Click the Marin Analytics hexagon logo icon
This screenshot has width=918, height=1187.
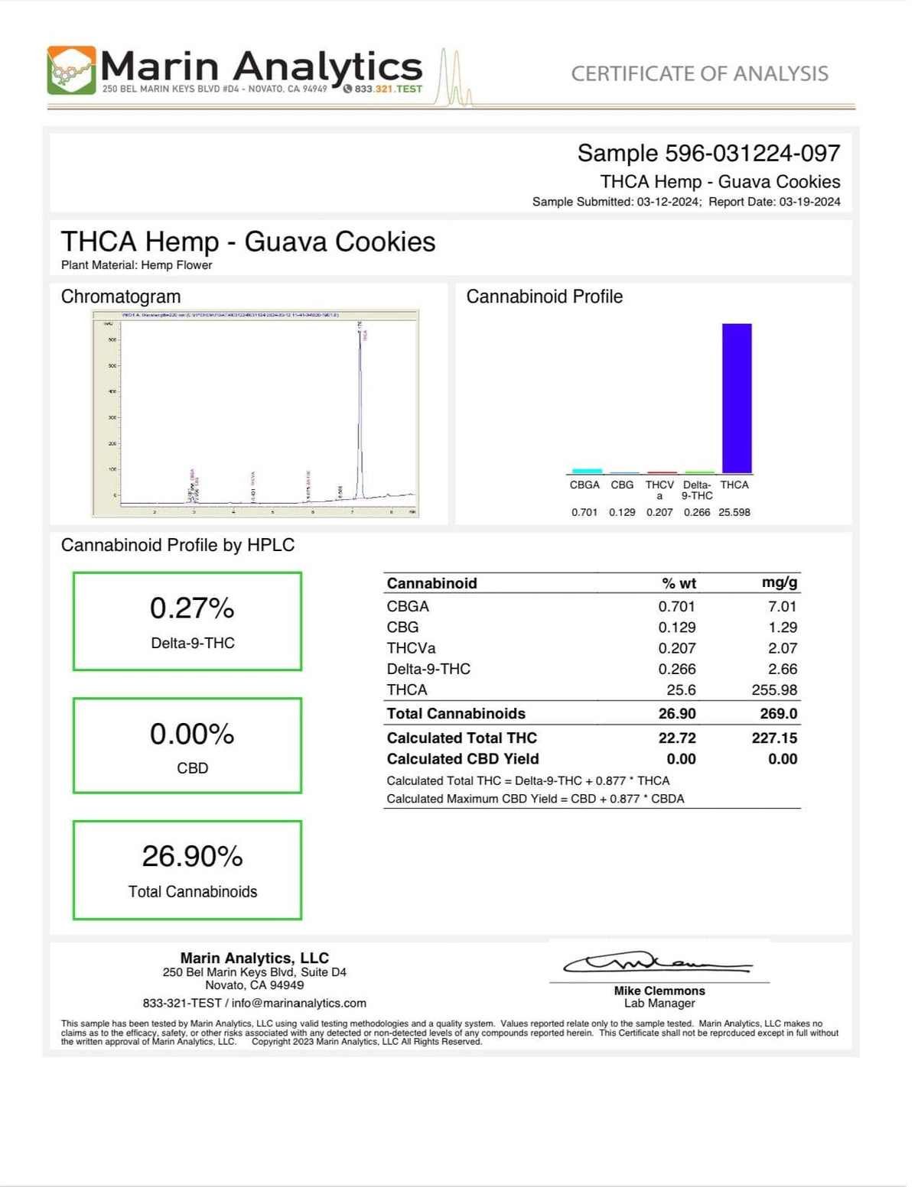point(72,70)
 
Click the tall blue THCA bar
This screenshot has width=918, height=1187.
point(737,398)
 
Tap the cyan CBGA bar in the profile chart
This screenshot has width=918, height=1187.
point(587,471)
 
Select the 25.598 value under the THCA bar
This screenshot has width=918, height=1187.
point(734,512)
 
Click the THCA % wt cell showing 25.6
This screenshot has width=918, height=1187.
point(681,689)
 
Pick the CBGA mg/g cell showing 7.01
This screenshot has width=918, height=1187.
point(783,606)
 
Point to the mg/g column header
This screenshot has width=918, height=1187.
point(780,582)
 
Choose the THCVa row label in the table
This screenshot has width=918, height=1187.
point(411,648)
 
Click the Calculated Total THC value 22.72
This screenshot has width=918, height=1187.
point(677,738)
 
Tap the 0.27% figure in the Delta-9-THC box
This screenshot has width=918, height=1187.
point(192,608)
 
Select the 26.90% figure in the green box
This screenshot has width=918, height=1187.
point(192,856)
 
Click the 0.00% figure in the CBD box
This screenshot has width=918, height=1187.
point(192,734)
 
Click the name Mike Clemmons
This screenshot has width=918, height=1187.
point(659,991)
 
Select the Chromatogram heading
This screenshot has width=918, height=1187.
point(121,297)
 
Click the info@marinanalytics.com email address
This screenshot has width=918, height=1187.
point(299,1003)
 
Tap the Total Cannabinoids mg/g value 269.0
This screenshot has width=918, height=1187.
point(779,713)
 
